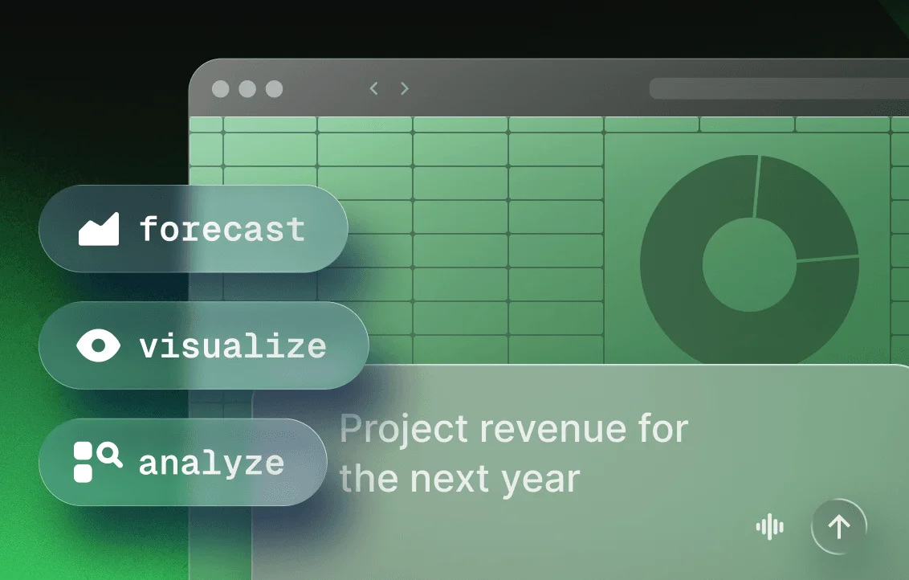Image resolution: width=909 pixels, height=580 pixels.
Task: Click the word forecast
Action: (x=222, y=230)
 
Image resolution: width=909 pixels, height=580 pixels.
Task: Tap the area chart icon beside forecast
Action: (x=99, y=230)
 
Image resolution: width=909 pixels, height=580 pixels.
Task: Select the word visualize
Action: (x=233, y=346)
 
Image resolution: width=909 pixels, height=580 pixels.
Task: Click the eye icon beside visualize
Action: (x=98, y=345)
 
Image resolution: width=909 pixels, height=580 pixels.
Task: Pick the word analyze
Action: (x=212, y=463)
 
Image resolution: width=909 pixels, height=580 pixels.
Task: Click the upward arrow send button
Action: (x=839, y=527)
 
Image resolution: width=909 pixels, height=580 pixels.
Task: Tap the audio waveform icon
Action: (x=770, y=527)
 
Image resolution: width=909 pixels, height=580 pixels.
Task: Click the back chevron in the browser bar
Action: (x=373, y=88)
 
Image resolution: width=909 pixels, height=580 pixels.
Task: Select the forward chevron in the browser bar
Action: (x=405, y=88)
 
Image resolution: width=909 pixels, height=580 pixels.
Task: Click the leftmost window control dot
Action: (x=220, y=89)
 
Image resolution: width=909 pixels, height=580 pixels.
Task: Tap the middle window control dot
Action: (x=247, y=89)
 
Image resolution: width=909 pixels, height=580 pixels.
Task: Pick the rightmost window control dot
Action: (x=274, y=89)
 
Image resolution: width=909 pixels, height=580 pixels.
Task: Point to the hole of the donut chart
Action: (x=748, y=265)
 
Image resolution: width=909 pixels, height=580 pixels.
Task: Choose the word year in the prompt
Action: (x=545, y=480)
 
